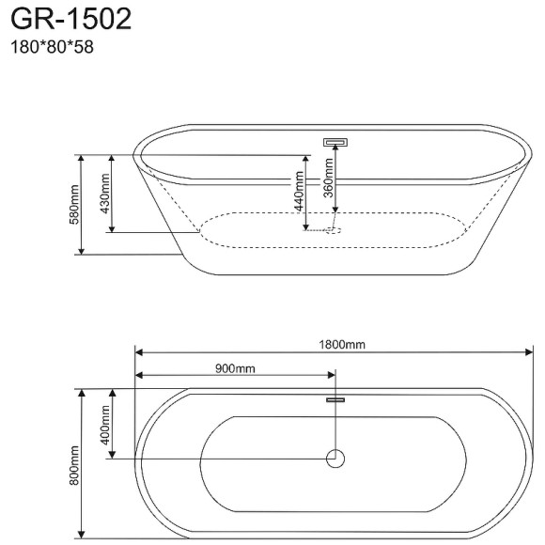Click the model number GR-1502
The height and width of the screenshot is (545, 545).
click(x=70, y=20)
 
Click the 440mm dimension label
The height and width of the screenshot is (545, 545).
click(x=297, y=192)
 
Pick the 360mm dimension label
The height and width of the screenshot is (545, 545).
click(x=328, y=178)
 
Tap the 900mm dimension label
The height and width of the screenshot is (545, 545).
click(x=235, y=368)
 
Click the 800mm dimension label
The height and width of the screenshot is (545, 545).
click(x=74, y=464)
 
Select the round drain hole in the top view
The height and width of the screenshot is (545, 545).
click(x=335, y=459)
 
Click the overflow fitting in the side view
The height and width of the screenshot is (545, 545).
click(x=335, y=143)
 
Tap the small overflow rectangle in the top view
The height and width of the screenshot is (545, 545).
click(x=335, y=400)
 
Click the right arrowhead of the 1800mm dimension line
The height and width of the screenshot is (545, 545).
click(x=530, y=352)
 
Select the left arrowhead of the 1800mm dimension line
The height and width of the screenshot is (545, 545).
click(x=139, y=352)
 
